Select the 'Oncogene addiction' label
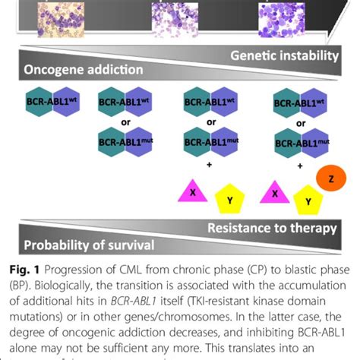[x=72, y=70]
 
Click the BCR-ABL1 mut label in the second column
[x=126, y=142]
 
